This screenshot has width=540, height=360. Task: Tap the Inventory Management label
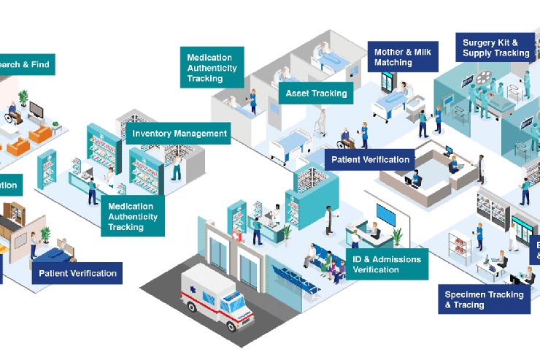click(180, 134)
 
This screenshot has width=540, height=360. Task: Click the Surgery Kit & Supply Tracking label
click(495, 48)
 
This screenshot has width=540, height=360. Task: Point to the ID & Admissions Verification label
click(386, 264)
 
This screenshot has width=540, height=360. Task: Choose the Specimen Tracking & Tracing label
click(484, 299)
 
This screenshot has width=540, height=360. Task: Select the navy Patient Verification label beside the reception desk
click(371, 159)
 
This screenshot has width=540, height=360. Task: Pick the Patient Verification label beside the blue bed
click(77, 273)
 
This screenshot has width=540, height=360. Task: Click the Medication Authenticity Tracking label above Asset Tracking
click(212, 67)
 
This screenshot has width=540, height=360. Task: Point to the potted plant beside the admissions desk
click(397, 238)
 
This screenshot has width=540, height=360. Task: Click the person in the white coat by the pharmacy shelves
click(329, 217)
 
